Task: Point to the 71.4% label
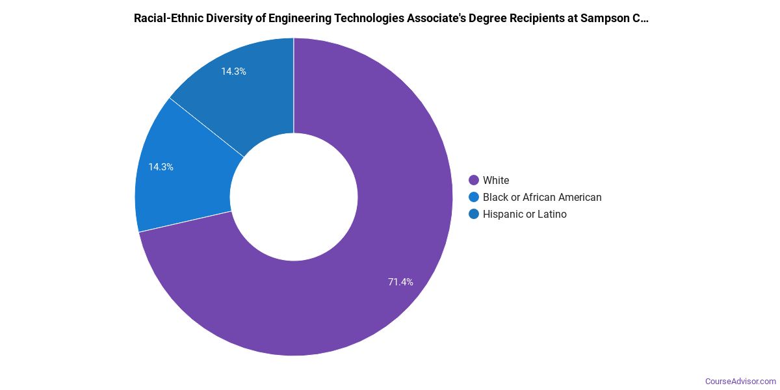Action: (400, 282)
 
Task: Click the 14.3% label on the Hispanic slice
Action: (233, 71)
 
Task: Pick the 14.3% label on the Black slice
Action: (161, 167)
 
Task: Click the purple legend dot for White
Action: (474, 180)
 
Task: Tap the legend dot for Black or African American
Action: (474, 197)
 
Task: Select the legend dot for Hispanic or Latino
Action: (474, 214)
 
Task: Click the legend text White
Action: (496, 180)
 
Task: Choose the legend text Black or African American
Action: (542, 197)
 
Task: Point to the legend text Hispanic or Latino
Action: (525, 214)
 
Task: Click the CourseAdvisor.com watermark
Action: (740, 381)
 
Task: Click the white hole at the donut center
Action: (294, 197)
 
